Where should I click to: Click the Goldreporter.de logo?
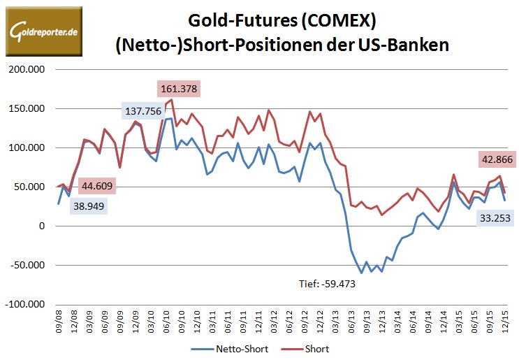43,31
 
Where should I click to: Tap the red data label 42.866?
497,159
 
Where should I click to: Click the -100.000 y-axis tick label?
25,305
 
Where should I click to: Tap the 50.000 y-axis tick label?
30,187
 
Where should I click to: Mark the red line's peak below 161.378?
172,99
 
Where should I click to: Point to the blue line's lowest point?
361,273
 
